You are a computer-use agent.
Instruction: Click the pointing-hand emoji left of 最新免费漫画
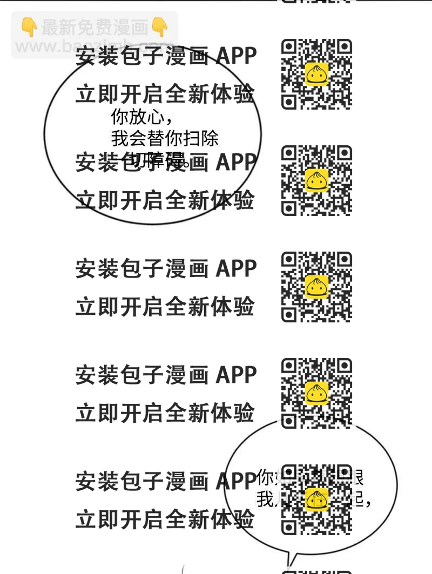(29, 27)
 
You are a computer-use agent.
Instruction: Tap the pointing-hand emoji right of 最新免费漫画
(159, 27)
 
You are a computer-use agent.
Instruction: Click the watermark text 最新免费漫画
(94, 27)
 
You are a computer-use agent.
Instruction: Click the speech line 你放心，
(143, 117)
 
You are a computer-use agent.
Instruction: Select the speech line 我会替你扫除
(165, 138)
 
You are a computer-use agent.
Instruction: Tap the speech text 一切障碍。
(151, 160)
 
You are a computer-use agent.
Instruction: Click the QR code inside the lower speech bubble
(316, 499)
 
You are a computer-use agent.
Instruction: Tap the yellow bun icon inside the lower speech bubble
(316, 499)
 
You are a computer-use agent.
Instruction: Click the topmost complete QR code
(316, 75)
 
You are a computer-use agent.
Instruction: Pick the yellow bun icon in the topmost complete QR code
(316, 75)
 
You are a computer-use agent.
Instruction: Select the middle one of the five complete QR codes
(316, 287)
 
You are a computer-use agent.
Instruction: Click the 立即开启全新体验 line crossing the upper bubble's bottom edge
(165, 201)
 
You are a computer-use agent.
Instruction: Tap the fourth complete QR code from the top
(316, 393)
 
